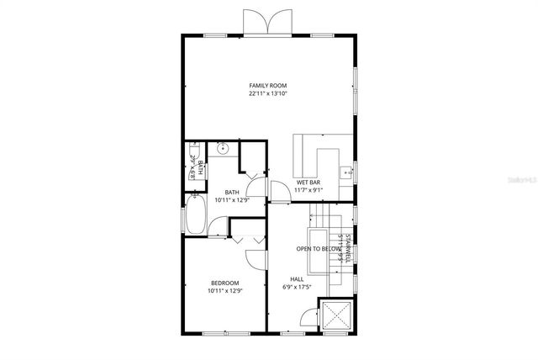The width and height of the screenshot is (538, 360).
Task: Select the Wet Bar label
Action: click(309, 183)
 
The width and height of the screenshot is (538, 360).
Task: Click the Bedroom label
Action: click(224, 283)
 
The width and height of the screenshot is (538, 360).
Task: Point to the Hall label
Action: click(297, 279)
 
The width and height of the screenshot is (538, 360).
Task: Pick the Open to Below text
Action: click(319, 249)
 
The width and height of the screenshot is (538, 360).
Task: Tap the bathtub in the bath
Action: click(195, 215)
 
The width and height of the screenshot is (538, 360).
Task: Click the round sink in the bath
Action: click(223, 149)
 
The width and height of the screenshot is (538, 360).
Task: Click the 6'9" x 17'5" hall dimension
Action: click(297, 288)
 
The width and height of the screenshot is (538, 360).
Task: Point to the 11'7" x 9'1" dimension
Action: click(309, 190)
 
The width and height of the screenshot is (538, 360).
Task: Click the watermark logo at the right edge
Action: click(520, 179)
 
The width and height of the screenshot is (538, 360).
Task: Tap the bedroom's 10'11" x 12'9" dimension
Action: click(224, 291)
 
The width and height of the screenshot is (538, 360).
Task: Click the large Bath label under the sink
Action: click(231, 193)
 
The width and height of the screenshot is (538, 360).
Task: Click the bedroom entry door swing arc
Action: click(256, 239)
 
